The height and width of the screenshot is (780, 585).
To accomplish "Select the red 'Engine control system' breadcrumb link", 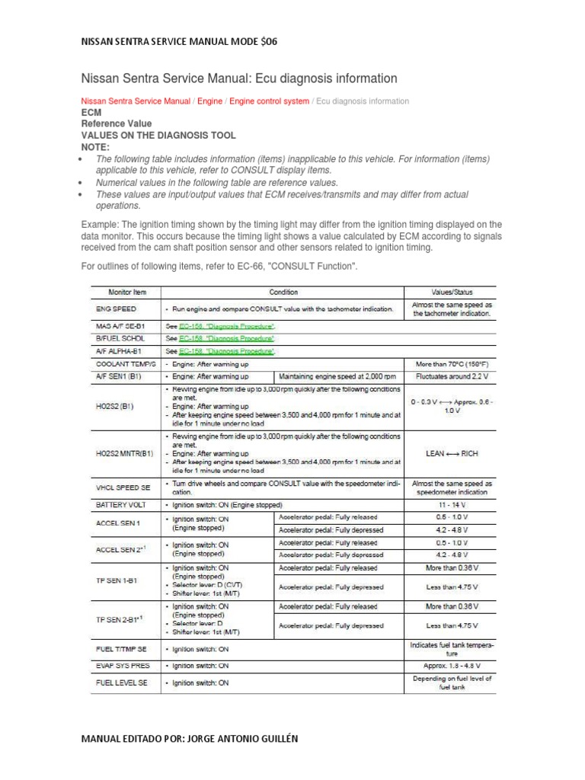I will click(270, 101).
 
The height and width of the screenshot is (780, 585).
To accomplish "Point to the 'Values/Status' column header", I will click(452, 292).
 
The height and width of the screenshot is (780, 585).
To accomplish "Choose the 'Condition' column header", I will click(283, 292).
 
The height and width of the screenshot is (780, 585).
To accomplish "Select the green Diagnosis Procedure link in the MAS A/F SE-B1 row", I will click(226, 325).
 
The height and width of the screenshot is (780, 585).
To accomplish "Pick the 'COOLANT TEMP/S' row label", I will click(121, 364).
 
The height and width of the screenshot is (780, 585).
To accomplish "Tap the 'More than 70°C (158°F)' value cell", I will click(452, 364).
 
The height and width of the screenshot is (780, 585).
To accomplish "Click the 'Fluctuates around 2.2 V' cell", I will click(452, 376).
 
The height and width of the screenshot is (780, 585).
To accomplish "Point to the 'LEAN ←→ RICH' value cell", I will click(452, 453).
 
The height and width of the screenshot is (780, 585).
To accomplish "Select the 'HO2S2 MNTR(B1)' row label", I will click(124, 453).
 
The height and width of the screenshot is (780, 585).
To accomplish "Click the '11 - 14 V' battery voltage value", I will click(452, 505).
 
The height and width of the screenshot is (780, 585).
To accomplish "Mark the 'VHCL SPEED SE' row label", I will click(122, 487).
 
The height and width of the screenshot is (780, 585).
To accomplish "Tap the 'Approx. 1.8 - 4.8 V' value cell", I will click(452, 665).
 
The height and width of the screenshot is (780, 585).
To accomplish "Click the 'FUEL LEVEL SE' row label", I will click(121, 683).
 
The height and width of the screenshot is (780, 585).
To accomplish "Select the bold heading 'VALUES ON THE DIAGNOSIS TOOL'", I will click(158, 135).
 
